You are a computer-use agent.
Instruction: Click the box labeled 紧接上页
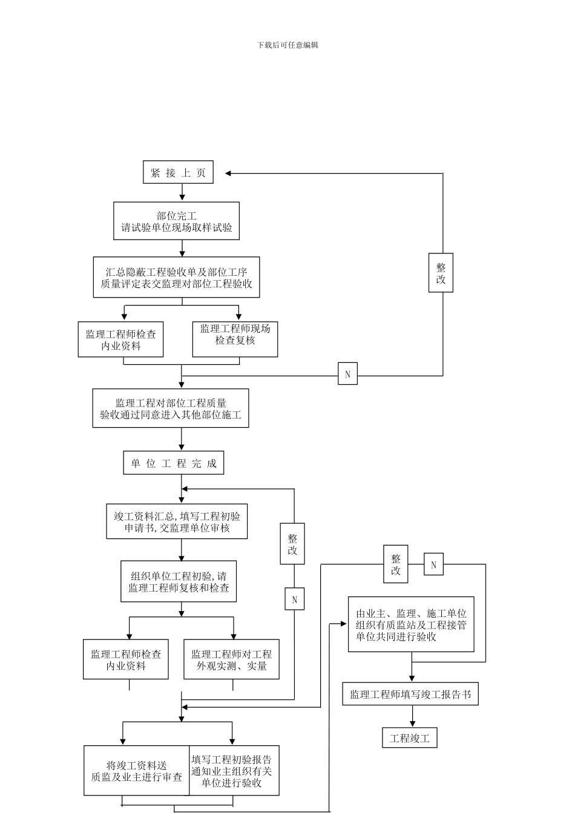[x=178, y=173]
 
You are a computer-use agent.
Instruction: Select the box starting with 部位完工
[x=176, y=221]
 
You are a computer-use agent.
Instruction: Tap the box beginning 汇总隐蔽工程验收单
[x=176, y=277]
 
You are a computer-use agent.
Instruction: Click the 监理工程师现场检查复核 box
[x=235, y=339]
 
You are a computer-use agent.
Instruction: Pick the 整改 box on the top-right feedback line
[x=441, y=272]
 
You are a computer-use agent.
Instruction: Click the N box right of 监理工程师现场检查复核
[x=347, y=374]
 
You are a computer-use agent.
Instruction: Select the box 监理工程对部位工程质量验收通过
[x=170, y=408]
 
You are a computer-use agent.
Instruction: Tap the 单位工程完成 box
[x=174, y=463]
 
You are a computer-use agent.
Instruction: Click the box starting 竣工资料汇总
[x=177, y=521]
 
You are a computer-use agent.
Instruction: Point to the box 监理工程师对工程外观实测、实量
[x=231, y=659]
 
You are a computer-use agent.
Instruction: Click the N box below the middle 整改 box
[x=294, y=599]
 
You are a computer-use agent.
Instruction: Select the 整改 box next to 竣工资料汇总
[x=292, y=544]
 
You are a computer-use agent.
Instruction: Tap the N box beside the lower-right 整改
[x=433, y=565]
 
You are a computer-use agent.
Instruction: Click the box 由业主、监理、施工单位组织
[x=411, y=624]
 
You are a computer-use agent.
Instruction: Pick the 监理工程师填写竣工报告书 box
[x=410, y=694]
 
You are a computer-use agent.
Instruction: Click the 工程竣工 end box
[x=410, y=738]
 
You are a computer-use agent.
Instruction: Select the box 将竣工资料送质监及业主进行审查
[x=137, y=771]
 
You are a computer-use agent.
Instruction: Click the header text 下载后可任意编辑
[x=287, y=45]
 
